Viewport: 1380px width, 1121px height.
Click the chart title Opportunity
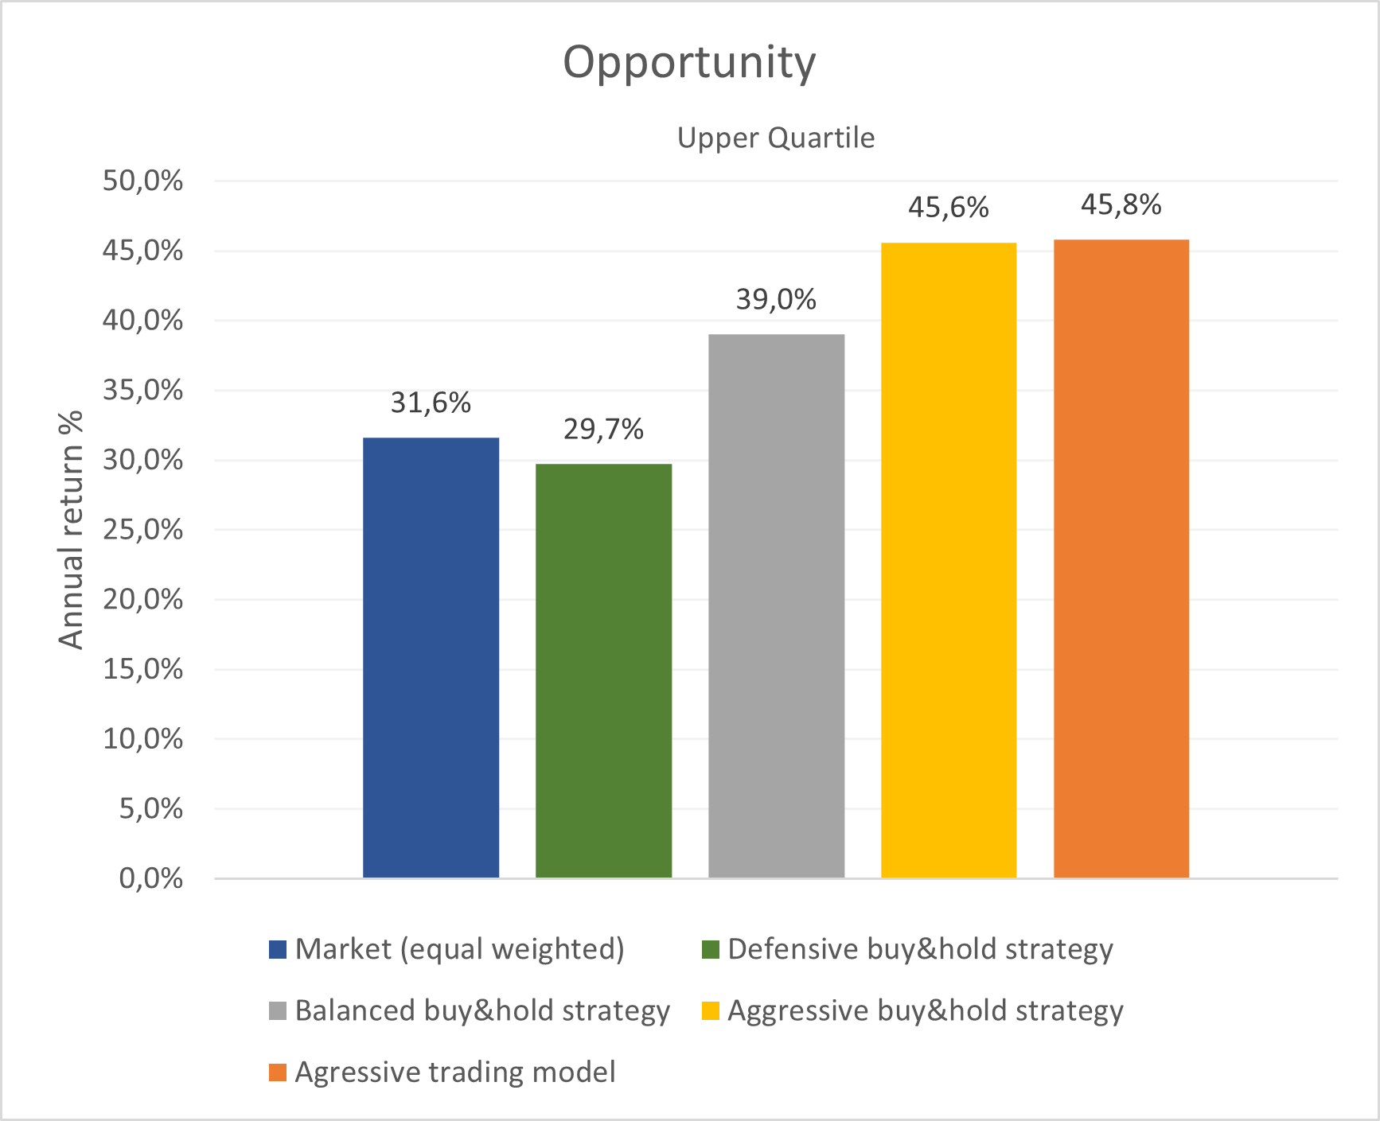click(689, 62)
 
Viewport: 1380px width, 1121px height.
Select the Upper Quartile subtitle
click(775, 138)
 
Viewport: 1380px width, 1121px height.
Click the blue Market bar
click(431, 657)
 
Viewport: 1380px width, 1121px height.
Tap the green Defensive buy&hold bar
click(603, 670)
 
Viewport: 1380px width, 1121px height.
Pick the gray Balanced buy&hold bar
click(776, 605)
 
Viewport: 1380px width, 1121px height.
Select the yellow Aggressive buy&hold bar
click(949, 560)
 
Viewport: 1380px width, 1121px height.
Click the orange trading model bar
click(1121, 559)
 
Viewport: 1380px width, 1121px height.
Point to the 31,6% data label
click(431, 403)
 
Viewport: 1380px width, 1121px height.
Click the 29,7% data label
click(603, 430)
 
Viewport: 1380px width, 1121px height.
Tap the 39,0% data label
click(776, 300)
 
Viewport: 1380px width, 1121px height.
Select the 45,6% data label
click(949, 208)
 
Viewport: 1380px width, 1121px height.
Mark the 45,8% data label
click(1121, 205)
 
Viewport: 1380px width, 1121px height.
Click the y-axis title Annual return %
click(72, 530)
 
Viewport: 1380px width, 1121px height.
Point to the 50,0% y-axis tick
click(143, 181)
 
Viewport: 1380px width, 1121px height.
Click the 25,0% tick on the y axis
click(143, 530)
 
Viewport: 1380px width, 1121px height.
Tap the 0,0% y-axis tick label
click(151, 879)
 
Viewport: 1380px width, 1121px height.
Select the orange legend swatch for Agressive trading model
click(278, 1072)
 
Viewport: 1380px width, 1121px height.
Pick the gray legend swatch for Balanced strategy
click(278, 1011)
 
